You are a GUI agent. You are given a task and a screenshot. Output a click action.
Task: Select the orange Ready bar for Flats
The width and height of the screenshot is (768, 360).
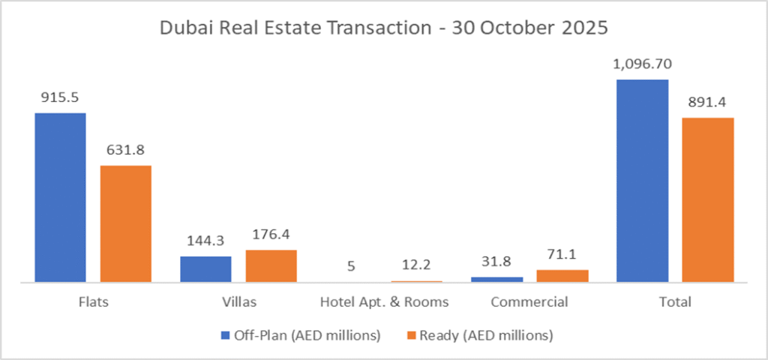pyautogui.click(x=126, y=223)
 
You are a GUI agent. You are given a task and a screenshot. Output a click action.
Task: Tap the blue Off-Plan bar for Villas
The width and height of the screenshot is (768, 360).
pyautogui.click(x=205, y=269)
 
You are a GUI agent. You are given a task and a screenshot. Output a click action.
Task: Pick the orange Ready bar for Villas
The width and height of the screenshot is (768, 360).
pyautogui.click(x=271, y=266)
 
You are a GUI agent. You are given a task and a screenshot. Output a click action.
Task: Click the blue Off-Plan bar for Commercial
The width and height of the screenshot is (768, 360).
pyautogui.click(x=497, y=279)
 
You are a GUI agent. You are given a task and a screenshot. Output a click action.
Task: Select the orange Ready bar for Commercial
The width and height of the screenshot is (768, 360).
pyautogui.click(x=562, y=275)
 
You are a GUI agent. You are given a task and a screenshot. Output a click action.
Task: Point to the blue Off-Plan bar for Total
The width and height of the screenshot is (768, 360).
pyautogui.click(x=643, y=181)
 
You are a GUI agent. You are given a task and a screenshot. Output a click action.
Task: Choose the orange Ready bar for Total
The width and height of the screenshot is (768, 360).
pyautogui.click(x=708, y=199)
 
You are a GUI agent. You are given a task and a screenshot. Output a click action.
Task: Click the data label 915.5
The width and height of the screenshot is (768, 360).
pyautogui.click(x=60, y=98)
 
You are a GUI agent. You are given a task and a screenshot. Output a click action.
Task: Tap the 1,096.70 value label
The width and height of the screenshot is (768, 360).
pyautogui.click(x=643, y=65)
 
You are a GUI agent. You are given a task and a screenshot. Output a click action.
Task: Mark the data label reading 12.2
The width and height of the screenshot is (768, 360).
pyautogui.click(x=417, y=266)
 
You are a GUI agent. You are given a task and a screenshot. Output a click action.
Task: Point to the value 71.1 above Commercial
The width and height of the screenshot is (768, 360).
pyautogui.click(x=562, y=255)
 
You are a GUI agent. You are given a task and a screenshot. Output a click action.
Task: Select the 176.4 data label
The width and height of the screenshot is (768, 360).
pyautogui.click(x=271, y=235)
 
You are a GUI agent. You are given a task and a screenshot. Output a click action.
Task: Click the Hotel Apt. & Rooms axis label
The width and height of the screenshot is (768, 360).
pyautogui.click(x=384, y=303)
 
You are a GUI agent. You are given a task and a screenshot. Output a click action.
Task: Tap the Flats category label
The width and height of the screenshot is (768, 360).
pyautogui.click(x=93, y=303)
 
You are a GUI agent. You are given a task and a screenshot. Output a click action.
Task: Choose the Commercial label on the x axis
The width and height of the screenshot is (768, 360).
pyautogui.click(x=529, y=303)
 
